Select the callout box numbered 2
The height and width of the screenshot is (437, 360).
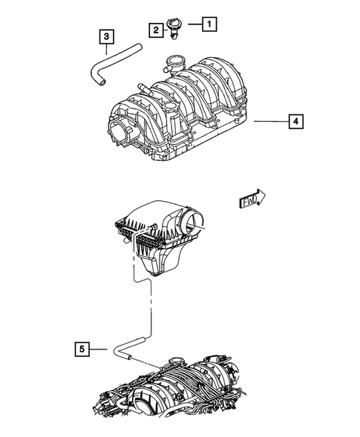pyautogui.click(x=157, y=30)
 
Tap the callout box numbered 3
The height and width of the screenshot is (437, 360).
pyautogui.click(x=108, y=36)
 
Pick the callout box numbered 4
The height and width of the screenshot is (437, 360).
pyautogui.click(x=295, y=120)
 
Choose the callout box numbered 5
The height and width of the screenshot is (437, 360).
pyautogui.click(x=84, y=347)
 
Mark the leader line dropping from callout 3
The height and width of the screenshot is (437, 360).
pyautogui.click(x=108, y=48)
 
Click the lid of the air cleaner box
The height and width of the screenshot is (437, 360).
pyautogui.click(x=152, y=214)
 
